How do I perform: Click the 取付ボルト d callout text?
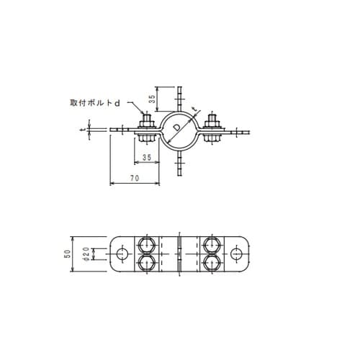coord(95,103)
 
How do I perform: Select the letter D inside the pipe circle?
coord(177,127)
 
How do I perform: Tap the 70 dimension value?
coord(135,178)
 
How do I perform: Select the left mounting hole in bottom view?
coord(122,254)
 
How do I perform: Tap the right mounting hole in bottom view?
coord(236,254)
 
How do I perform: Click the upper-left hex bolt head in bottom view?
coord(146,246)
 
